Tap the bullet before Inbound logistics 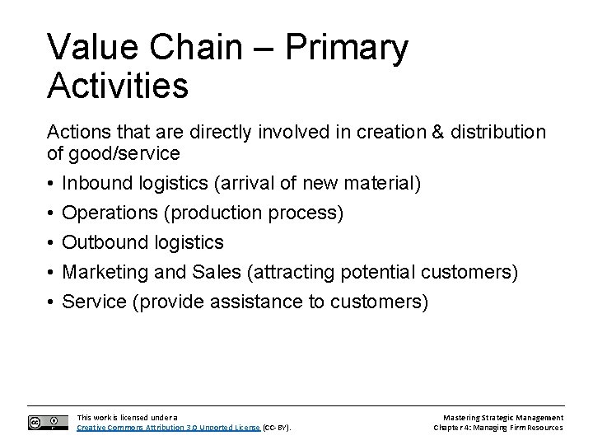point(51,182)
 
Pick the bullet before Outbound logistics point(51,242)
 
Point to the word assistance point(257,302)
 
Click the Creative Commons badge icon point(48,422)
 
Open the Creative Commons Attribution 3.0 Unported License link point(168,428)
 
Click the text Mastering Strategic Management point(502,418)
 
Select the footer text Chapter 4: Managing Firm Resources point(499,428)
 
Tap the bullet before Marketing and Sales point(51,272)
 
